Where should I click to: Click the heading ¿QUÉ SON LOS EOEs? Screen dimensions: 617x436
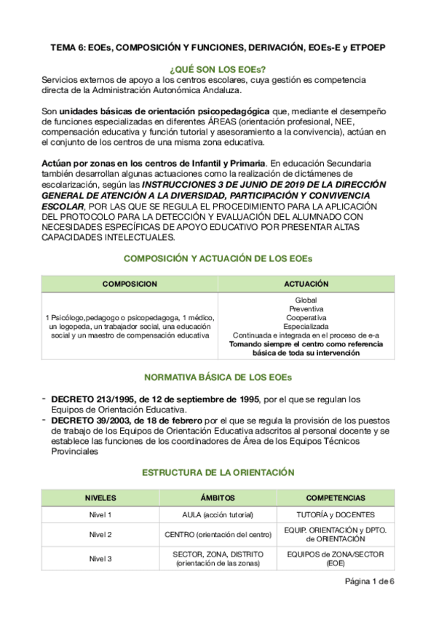[218, 66]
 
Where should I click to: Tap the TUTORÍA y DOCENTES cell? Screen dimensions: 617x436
[336, 515]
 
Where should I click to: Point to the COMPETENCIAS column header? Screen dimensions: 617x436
[336, 498]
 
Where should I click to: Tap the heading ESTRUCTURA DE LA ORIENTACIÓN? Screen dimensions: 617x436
[218, 472]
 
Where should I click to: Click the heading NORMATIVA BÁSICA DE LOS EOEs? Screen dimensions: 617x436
[218, 378]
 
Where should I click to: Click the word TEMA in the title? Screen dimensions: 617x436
[63, 47]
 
